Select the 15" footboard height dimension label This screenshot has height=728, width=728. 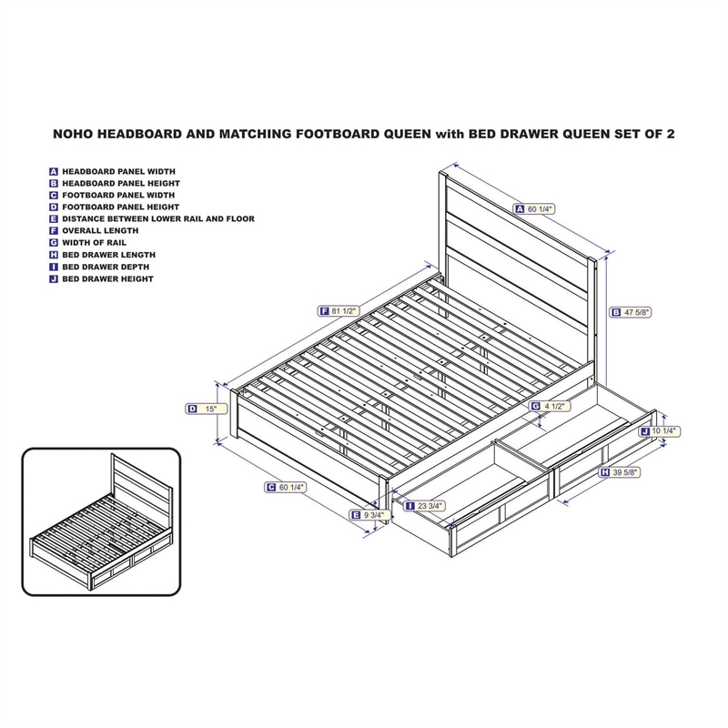[x=206, y=409]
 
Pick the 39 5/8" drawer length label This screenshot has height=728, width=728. [x=622, y=473]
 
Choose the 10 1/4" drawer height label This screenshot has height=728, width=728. [x=661, y=430]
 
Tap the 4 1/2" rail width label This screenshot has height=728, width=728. [x=551, y=406]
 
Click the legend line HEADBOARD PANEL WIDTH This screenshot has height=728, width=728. [x=118, y=171]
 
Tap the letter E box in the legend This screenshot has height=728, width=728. [x=55, y=219]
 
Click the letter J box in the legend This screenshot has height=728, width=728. [x=55, y=278]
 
